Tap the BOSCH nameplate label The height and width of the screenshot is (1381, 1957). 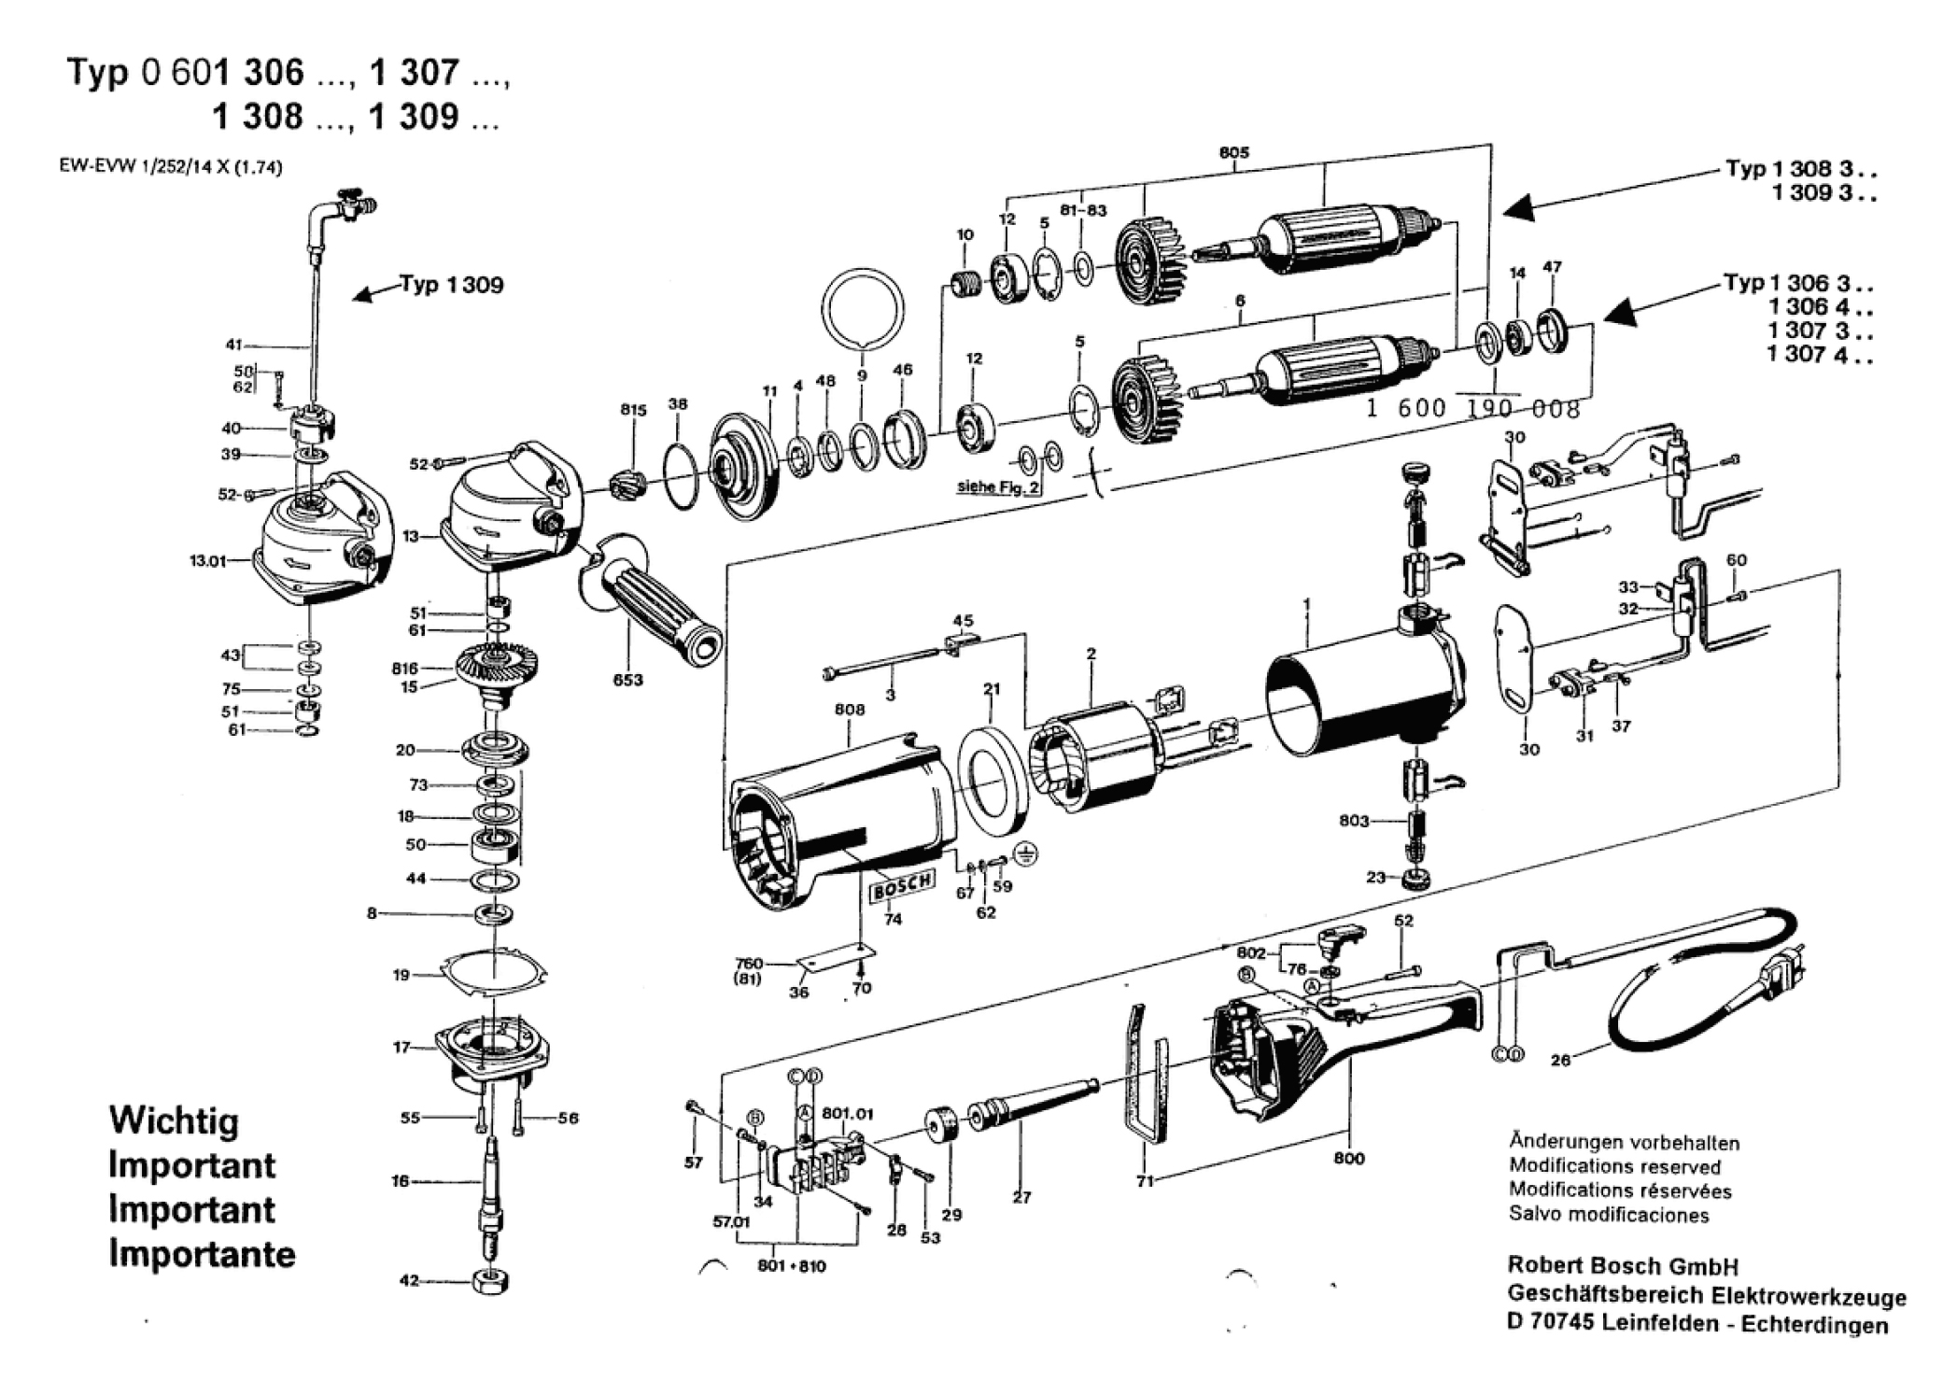901,885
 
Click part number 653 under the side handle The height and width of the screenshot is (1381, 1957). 627,680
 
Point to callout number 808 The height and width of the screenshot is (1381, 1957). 849,710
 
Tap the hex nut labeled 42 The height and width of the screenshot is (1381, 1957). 489,1281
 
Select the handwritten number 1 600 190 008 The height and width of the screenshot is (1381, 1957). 1472,409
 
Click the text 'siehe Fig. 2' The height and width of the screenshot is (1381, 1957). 997,486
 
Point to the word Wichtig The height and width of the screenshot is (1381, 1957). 174,1120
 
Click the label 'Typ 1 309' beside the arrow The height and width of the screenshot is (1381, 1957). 452,285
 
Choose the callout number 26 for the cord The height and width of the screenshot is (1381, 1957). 1560,1060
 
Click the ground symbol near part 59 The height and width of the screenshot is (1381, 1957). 1027,853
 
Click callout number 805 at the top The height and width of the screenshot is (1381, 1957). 1233,153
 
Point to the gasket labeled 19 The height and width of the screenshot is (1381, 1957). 493,973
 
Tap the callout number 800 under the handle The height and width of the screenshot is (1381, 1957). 1348,1159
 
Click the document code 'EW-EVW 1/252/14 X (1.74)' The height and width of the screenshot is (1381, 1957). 170,168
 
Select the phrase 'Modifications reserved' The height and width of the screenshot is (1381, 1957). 1614,1166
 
